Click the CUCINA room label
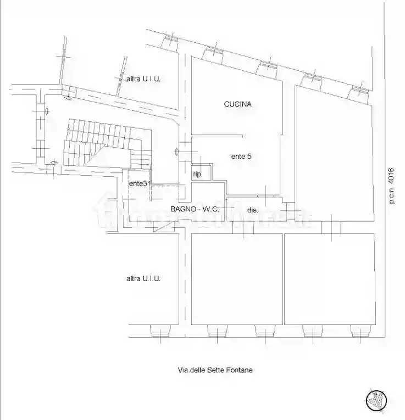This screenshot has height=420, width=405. (238, 104)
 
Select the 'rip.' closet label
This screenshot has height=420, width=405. (197, 174)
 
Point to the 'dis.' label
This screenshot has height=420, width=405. (253, 210)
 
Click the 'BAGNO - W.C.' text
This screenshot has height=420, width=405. (195, 209)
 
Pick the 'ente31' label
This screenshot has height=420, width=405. (139, 183)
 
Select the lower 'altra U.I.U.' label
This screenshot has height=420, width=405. (143, 279)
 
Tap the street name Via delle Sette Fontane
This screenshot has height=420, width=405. (215, 370)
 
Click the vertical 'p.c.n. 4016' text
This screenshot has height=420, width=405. (392, 186)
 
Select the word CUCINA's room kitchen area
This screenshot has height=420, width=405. (236, 118)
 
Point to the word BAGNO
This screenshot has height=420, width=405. (181, 209)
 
